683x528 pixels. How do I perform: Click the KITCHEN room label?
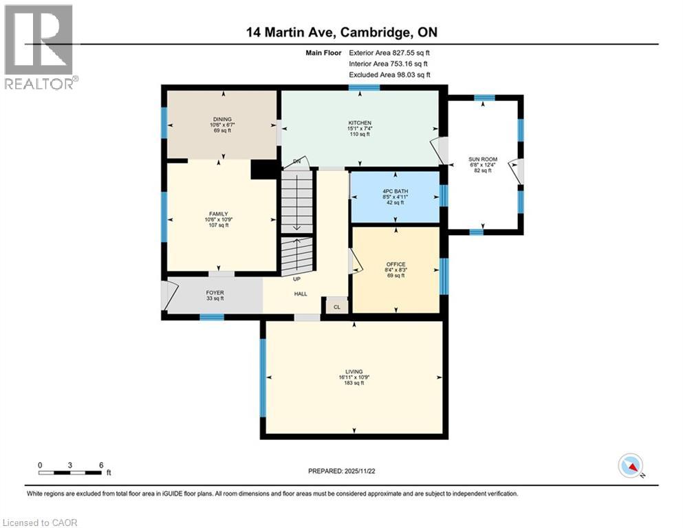coord(359,123)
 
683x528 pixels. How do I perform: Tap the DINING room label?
coord(221,119)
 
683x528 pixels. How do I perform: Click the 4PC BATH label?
coord(395,192)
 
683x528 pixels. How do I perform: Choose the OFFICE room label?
coord(395,264)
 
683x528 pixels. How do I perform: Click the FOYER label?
coord(215,293)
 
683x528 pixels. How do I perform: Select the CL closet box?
coord(336,307)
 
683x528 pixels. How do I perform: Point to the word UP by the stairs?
coord(297,279)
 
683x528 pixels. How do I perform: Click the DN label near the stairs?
coord(297,162)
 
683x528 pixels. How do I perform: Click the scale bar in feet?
coord(72,472)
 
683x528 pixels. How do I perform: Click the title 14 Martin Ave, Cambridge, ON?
coord(341,32)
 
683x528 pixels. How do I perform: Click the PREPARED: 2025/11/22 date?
coord(341,471)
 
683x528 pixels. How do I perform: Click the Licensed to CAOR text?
coord(41,522)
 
